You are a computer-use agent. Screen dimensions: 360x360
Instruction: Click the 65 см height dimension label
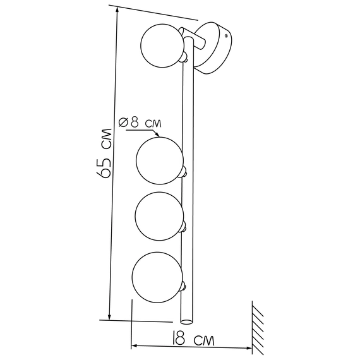104,153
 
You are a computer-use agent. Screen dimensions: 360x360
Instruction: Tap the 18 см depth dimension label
193,338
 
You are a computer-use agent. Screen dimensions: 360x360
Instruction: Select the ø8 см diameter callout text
140,123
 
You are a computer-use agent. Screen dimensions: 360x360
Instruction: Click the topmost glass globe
162,45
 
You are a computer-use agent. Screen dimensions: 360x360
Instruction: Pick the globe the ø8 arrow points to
160,160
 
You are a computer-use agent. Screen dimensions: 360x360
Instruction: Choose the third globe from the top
159,216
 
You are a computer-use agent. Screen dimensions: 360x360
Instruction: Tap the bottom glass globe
157,277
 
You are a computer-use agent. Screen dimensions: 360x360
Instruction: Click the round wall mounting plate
213,48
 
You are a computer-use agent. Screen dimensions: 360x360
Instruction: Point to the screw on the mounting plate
226,35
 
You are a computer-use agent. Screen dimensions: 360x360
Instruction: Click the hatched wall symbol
258,328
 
